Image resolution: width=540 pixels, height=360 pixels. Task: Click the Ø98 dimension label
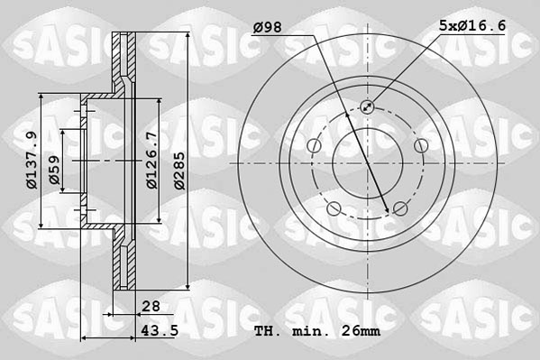[x=268, y=28]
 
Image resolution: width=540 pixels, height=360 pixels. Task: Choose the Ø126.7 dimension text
[x=152, y=160]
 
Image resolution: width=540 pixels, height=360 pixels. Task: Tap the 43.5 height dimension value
[x=157, y=331]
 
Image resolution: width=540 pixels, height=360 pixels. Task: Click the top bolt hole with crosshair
[x=367, y=107]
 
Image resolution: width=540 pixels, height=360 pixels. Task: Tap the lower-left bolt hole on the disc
[x=334, y=209]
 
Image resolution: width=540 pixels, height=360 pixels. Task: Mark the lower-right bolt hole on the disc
[x=399, y=209]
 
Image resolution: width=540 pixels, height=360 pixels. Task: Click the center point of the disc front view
[x=367, y=164]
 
